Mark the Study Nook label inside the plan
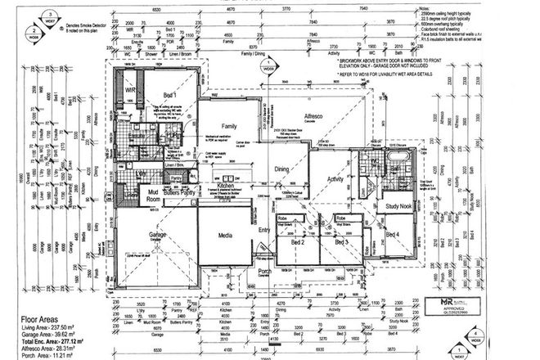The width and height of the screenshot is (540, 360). coord(394,196)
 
